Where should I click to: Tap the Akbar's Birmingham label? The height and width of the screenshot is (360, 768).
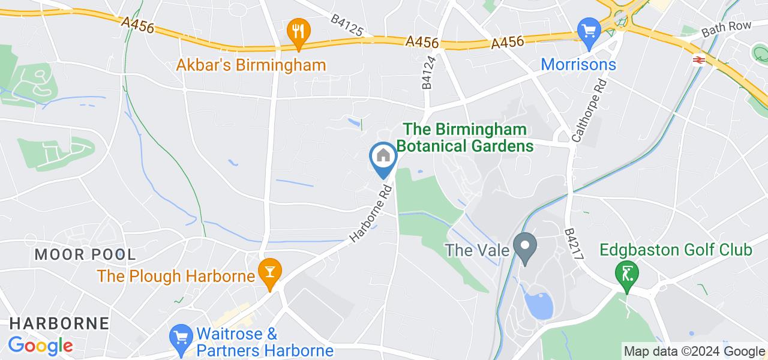[x=251, y=65]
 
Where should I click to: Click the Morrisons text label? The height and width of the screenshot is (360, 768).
[x=578, y=64]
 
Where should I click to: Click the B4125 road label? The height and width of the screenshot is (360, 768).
[x=347, y=26]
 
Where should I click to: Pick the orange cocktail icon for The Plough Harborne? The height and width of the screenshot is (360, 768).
[x=269, y=274]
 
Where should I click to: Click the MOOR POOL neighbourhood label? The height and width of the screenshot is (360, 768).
[x=85, y=254]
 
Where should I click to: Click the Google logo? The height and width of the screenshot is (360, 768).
[x=40, y=346]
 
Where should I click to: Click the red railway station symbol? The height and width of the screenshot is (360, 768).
[x=698, y=59]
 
